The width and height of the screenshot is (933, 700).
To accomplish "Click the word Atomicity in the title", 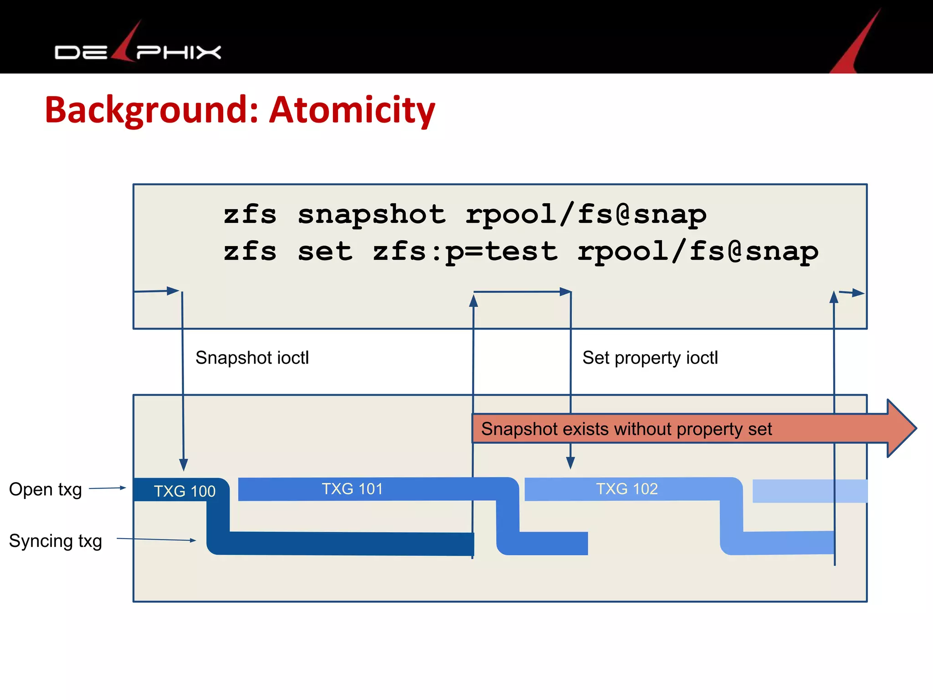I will click(x=352, y=110).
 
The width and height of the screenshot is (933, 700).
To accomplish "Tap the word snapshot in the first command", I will click(x=371, y=215).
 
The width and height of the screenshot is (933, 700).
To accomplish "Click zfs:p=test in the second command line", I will click(x=465, y=252).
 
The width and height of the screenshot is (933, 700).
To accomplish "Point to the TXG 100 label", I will click(x=184, y=491).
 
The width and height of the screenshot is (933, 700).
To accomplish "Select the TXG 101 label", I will click(x=352, y=489).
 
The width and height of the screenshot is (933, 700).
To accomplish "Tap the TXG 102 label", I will click(x=627, y=489).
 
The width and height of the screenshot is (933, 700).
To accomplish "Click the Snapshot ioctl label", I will click(x=252, y=358).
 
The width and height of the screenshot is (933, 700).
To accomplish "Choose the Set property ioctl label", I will click(x=650, y=358).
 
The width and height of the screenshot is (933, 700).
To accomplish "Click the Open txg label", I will click(x=46, y=489).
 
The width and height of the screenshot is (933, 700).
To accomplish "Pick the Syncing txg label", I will click(x=55, y=541).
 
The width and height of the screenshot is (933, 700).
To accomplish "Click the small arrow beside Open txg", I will click(x=108, y=488).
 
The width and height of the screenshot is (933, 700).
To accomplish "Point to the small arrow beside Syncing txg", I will click(x=156, y=539).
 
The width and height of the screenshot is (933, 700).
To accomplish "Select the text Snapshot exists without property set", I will click(x=626, y=429).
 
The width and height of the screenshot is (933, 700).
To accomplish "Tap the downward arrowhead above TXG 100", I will click(x=184, y=465).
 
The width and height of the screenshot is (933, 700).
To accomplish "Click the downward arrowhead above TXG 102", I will click(x=570, y=463).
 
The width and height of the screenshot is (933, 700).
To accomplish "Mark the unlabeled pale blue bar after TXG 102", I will click(x=809, y=491).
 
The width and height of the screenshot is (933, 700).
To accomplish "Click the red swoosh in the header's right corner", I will click(x=856, y=46).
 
